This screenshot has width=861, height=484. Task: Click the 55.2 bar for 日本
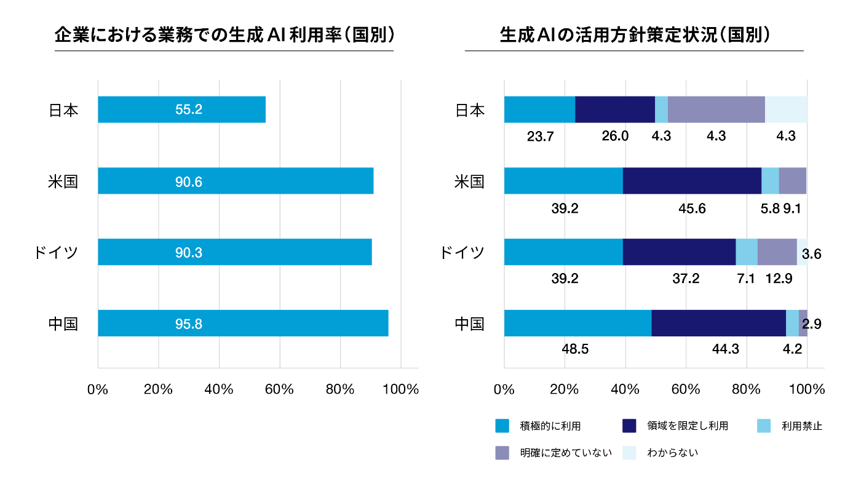tap(181, 109)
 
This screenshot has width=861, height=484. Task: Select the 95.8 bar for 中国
tap(243, 323)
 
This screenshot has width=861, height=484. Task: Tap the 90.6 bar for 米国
tap(236, 181)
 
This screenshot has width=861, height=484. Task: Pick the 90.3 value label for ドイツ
tap(189, 252)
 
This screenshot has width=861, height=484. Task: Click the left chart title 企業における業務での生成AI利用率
tap(224, 35)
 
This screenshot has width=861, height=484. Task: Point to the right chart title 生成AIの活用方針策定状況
tap(634, 35)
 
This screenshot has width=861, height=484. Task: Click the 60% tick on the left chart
tap(280, 389)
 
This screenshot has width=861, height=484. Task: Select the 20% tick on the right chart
tap(564, 389)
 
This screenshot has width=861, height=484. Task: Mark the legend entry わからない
tap(672, 453)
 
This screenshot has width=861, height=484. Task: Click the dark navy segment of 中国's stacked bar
tap(718, 323)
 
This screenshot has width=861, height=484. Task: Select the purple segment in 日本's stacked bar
tap(716, 109)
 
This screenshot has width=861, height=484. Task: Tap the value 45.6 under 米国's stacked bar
tap(692, 208)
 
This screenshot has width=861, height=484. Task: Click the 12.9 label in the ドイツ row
tap(778, 279)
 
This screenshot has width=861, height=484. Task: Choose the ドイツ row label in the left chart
tap(56, 252)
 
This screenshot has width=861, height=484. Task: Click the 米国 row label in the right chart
tap(469, 181)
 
